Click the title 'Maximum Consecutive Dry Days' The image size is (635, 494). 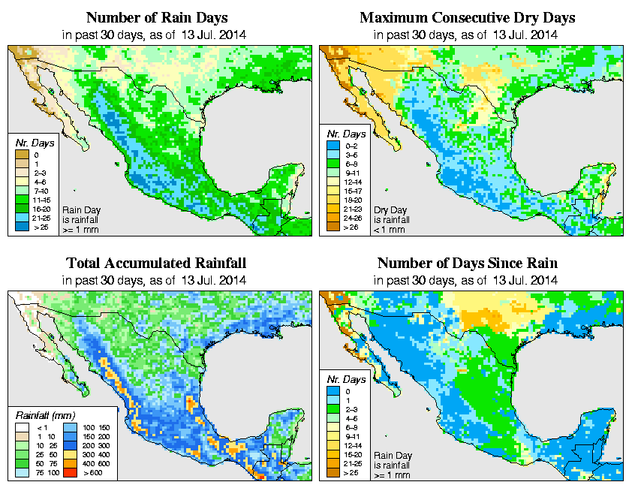tap(468, 17)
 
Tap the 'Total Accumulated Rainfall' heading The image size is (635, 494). tap(156, 263)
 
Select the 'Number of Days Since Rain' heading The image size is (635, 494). tap(468, 263)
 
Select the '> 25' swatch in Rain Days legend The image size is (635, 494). tap(20, 226)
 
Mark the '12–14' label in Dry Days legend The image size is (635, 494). tap(351, 182)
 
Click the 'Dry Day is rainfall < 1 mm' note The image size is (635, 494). tap(391, 219)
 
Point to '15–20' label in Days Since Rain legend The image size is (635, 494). tap(350, 454)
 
